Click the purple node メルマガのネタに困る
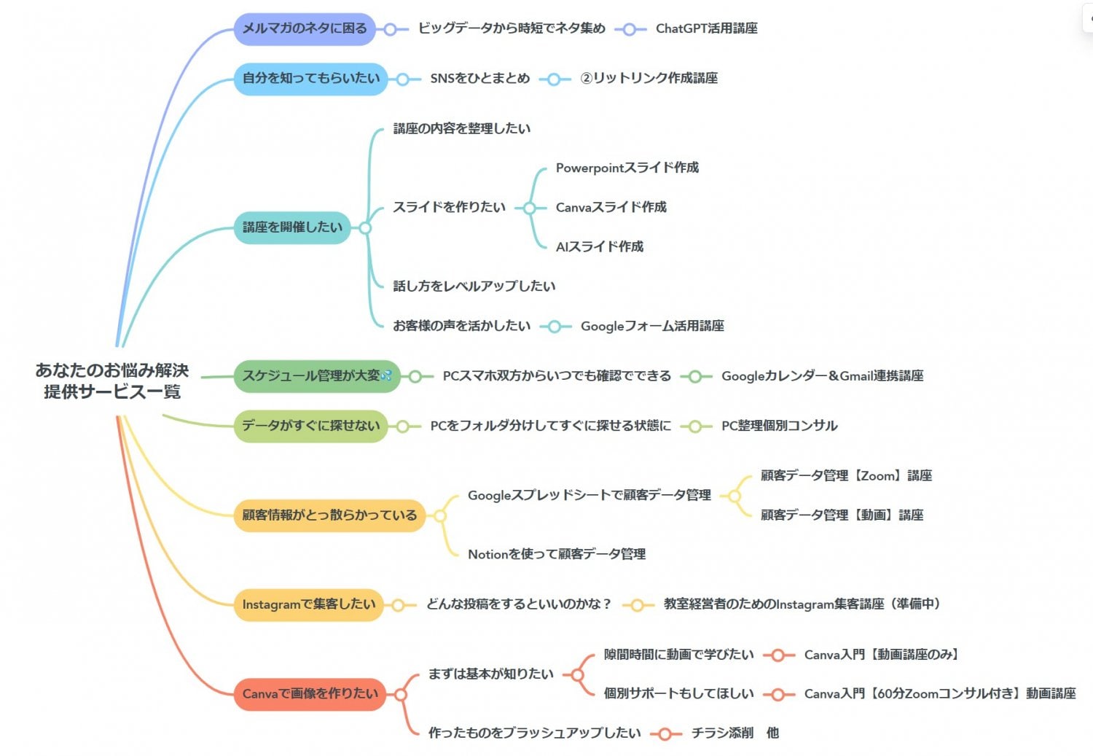[305, 29]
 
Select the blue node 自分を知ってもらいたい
[310, 79]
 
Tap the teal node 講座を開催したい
[292, 227]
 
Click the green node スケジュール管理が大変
[316, 376]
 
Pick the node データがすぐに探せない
[310, 426]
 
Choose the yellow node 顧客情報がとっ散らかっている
[329, 515]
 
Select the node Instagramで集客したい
[308, 604]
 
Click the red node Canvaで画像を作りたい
[310, 694]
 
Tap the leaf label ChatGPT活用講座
[706, 29]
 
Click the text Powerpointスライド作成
[627, 168]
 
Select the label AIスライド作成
[599, 247]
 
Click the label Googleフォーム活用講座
[652, 327]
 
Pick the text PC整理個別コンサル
[779, 426]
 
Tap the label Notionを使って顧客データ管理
[556, 555]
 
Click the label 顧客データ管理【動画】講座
[842, 515]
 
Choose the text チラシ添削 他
[734, 733]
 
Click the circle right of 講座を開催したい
[365, 228]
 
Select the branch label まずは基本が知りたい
[490, 674]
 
